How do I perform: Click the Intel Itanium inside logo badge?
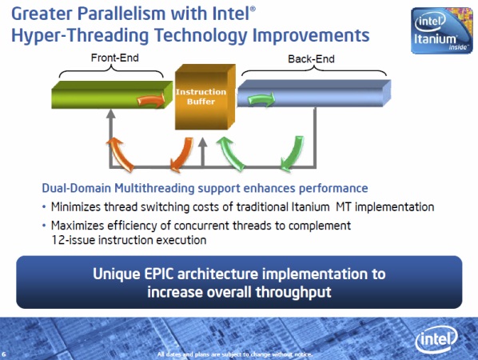[x=442, y=30]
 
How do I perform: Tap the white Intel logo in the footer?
[x=436, y=339]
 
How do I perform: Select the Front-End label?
[x=114, y=58]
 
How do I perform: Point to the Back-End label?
[x=311, y=58]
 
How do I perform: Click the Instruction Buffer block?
[x=205, y=97]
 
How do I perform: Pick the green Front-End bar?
[x=112, y=94]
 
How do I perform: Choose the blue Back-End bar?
[x=314, y=93]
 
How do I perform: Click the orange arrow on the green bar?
[x=151, y=100]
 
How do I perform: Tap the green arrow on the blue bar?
[x=261, y=99]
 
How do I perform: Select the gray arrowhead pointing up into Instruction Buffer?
[x=203, y=142]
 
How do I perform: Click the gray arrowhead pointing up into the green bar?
[x=111, y=114]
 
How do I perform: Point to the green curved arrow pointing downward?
[x=293, y=154]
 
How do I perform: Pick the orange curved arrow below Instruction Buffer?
[x=181, y=154]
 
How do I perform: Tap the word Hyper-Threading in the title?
[x=80, y=35]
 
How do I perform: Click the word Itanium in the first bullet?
[x=310, y=207]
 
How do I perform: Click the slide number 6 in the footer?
[x=4, y=354]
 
